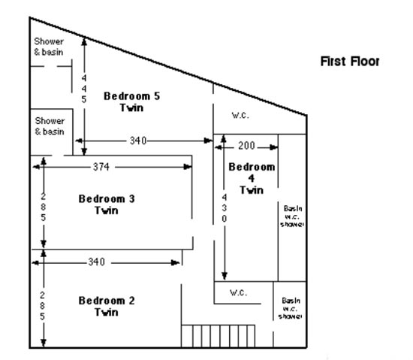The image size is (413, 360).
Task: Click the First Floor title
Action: click(x=350, y=61)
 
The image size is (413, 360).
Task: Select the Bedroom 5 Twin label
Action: click(x=131, y=101)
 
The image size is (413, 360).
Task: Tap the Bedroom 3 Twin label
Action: click(x=107, y=204)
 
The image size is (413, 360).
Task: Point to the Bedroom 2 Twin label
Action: click(x=107, y=306)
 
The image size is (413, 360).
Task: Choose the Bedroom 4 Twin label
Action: click(x=252, y=178)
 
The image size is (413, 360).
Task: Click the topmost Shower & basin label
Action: click(x=49, y=47)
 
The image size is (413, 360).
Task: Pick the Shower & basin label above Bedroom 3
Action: click(x=50, y=126)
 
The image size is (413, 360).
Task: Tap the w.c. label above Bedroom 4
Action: click(x=240, y=115)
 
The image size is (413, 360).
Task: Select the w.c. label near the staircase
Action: click(x=238, y=292)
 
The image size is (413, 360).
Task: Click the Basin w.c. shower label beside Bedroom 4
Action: click(x=292, y=216)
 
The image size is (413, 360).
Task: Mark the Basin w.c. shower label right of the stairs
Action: click(x=291, y=308)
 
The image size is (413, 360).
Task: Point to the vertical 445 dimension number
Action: click(x=84, y=89)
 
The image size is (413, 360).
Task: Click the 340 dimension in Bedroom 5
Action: click(x=138, y=141)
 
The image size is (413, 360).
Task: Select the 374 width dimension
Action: click(x=101, y=167)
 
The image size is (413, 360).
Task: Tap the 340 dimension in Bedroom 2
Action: click(x=96, y=262)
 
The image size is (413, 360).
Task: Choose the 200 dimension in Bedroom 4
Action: click(x=246, y=146)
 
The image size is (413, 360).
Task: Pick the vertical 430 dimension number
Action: click(x=224, y=208)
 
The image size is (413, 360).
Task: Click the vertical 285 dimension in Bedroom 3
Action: click(x=44, y=207)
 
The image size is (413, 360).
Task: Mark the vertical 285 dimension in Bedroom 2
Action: click(x=43, y=306)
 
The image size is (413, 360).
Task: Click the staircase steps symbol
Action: click(x=218, y=336)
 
